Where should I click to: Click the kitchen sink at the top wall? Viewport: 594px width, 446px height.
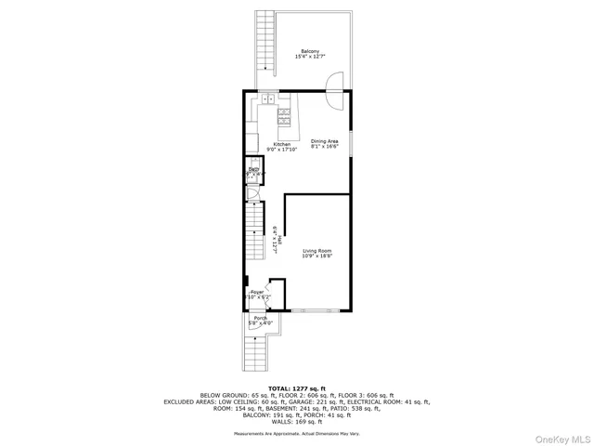click(x=266, y=98)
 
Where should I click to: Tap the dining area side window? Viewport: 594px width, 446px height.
click(x=350, y=139)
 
